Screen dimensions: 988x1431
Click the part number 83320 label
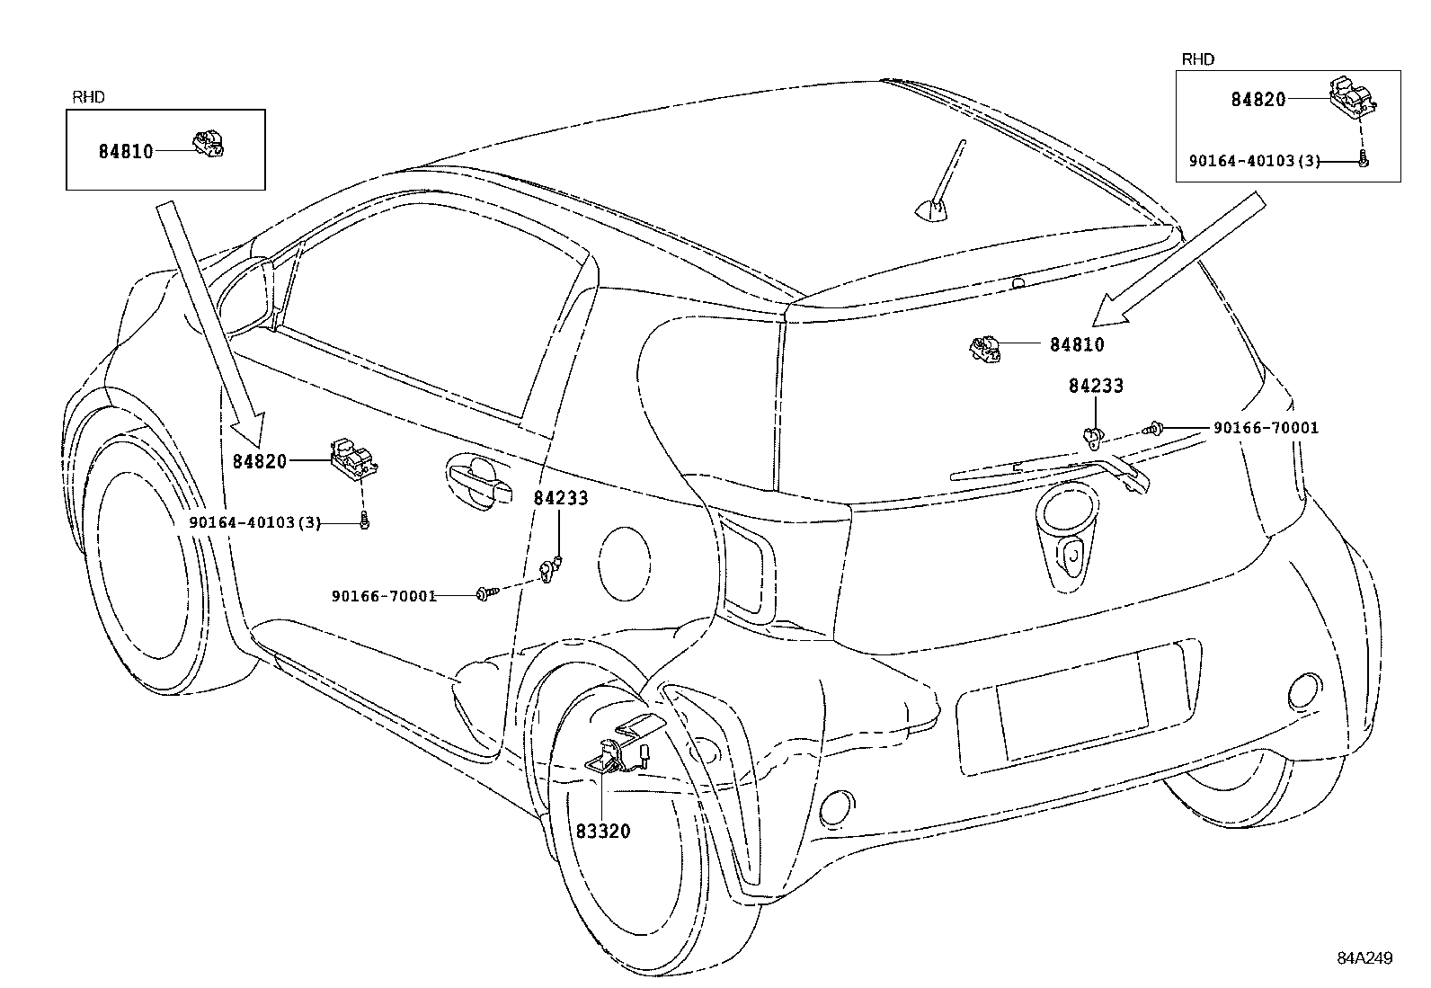point(603,832)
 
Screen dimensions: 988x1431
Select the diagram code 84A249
point(1363,958)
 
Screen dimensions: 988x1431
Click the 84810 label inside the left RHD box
point(126,151)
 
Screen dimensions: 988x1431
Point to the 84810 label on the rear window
point(1077,344)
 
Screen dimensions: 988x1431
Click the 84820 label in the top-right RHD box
point(1258,100)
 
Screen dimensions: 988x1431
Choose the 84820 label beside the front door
point(260,461)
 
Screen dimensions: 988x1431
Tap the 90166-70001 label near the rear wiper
point(1266,428)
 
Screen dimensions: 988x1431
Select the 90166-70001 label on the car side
point(384,595)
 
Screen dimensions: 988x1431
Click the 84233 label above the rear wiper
point(1096,386)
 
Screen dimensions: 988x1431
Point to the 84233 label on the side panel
point(561,498)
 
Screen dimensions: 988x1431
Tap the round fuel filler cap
point(624,564)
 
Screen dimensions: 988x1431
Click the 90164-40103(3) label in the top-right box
point(1254,161)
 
